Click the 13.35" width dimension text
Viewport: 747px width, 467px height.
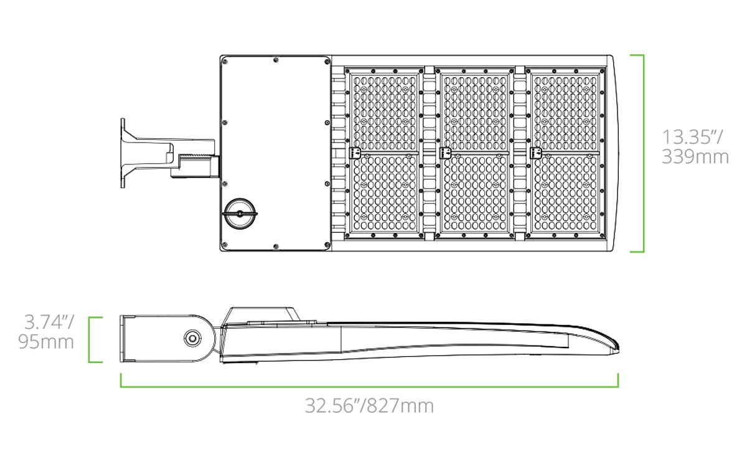692,137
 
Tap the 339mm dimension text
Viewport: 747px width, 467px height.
695,157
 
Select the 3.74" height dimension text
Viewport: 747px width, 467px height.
49,323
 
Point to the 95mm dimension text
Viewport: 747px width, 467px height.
46,342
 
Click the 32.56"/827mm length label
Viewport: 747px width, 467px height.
370,406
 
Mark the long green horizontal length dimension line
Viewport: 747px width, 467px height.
370,387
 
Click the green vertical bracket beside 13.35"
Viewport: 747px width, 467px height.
643,153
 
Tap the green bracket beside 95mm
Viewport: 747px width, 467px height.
90,339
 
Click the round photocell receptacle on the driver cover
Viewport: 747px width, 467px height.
240,214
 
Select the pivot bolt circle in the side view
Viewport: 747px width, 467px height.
192,338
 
